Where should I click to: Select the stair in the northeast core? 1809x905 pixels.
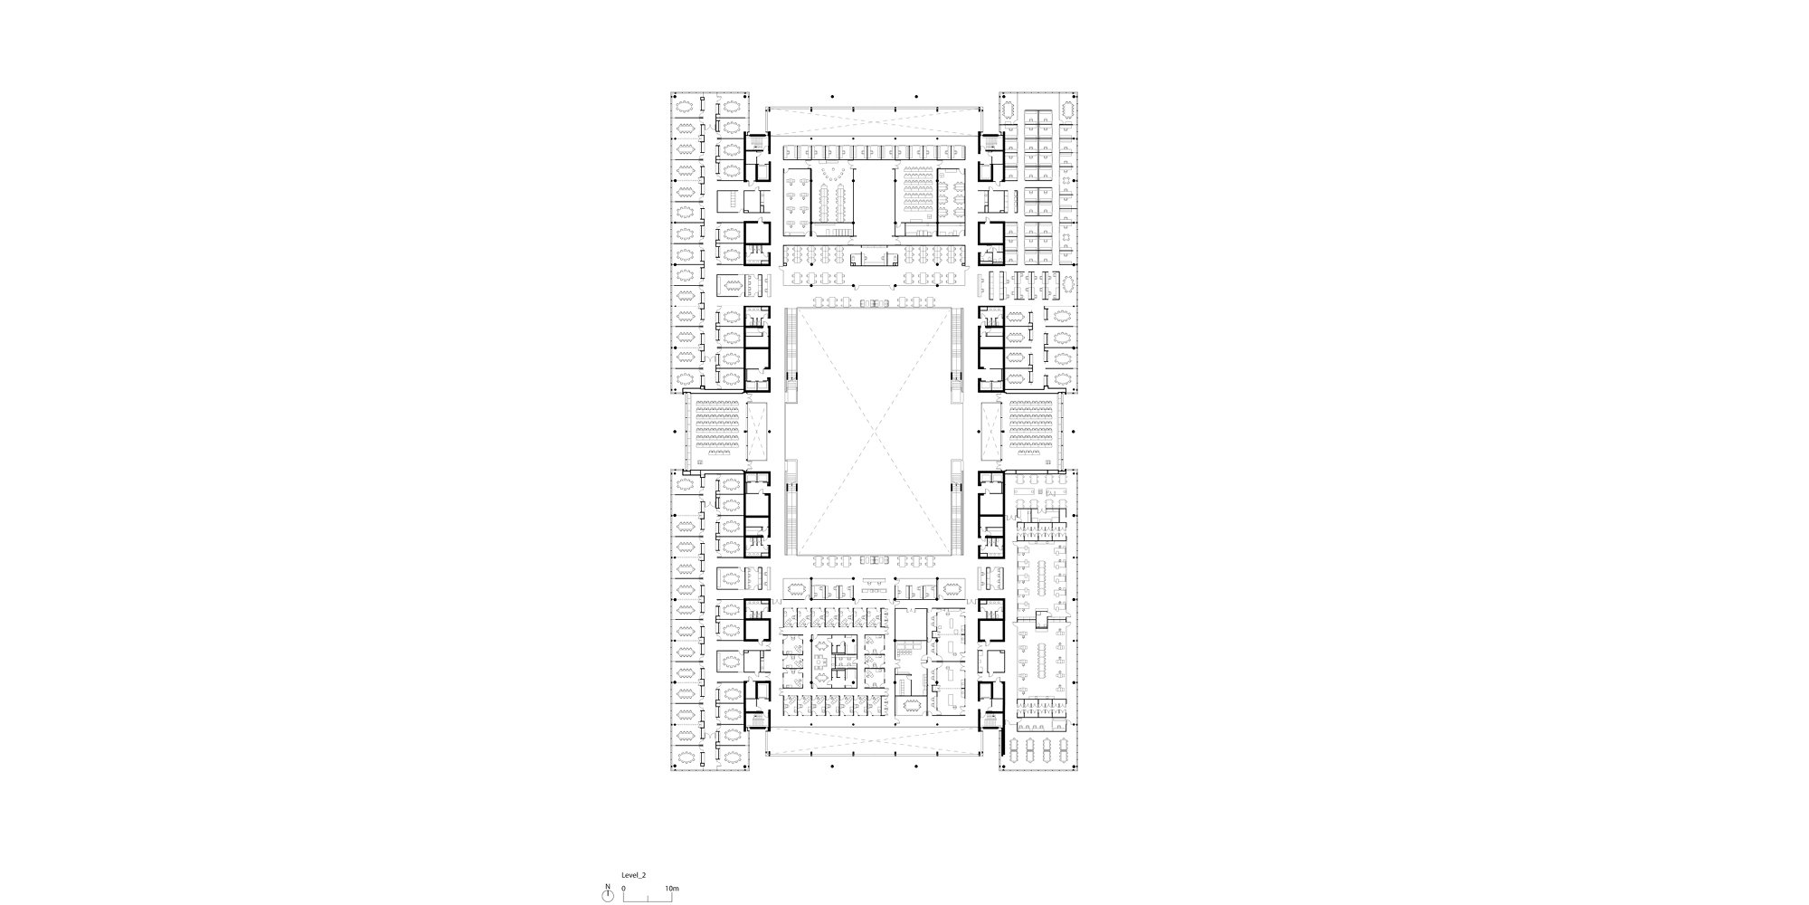[989, 145]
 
